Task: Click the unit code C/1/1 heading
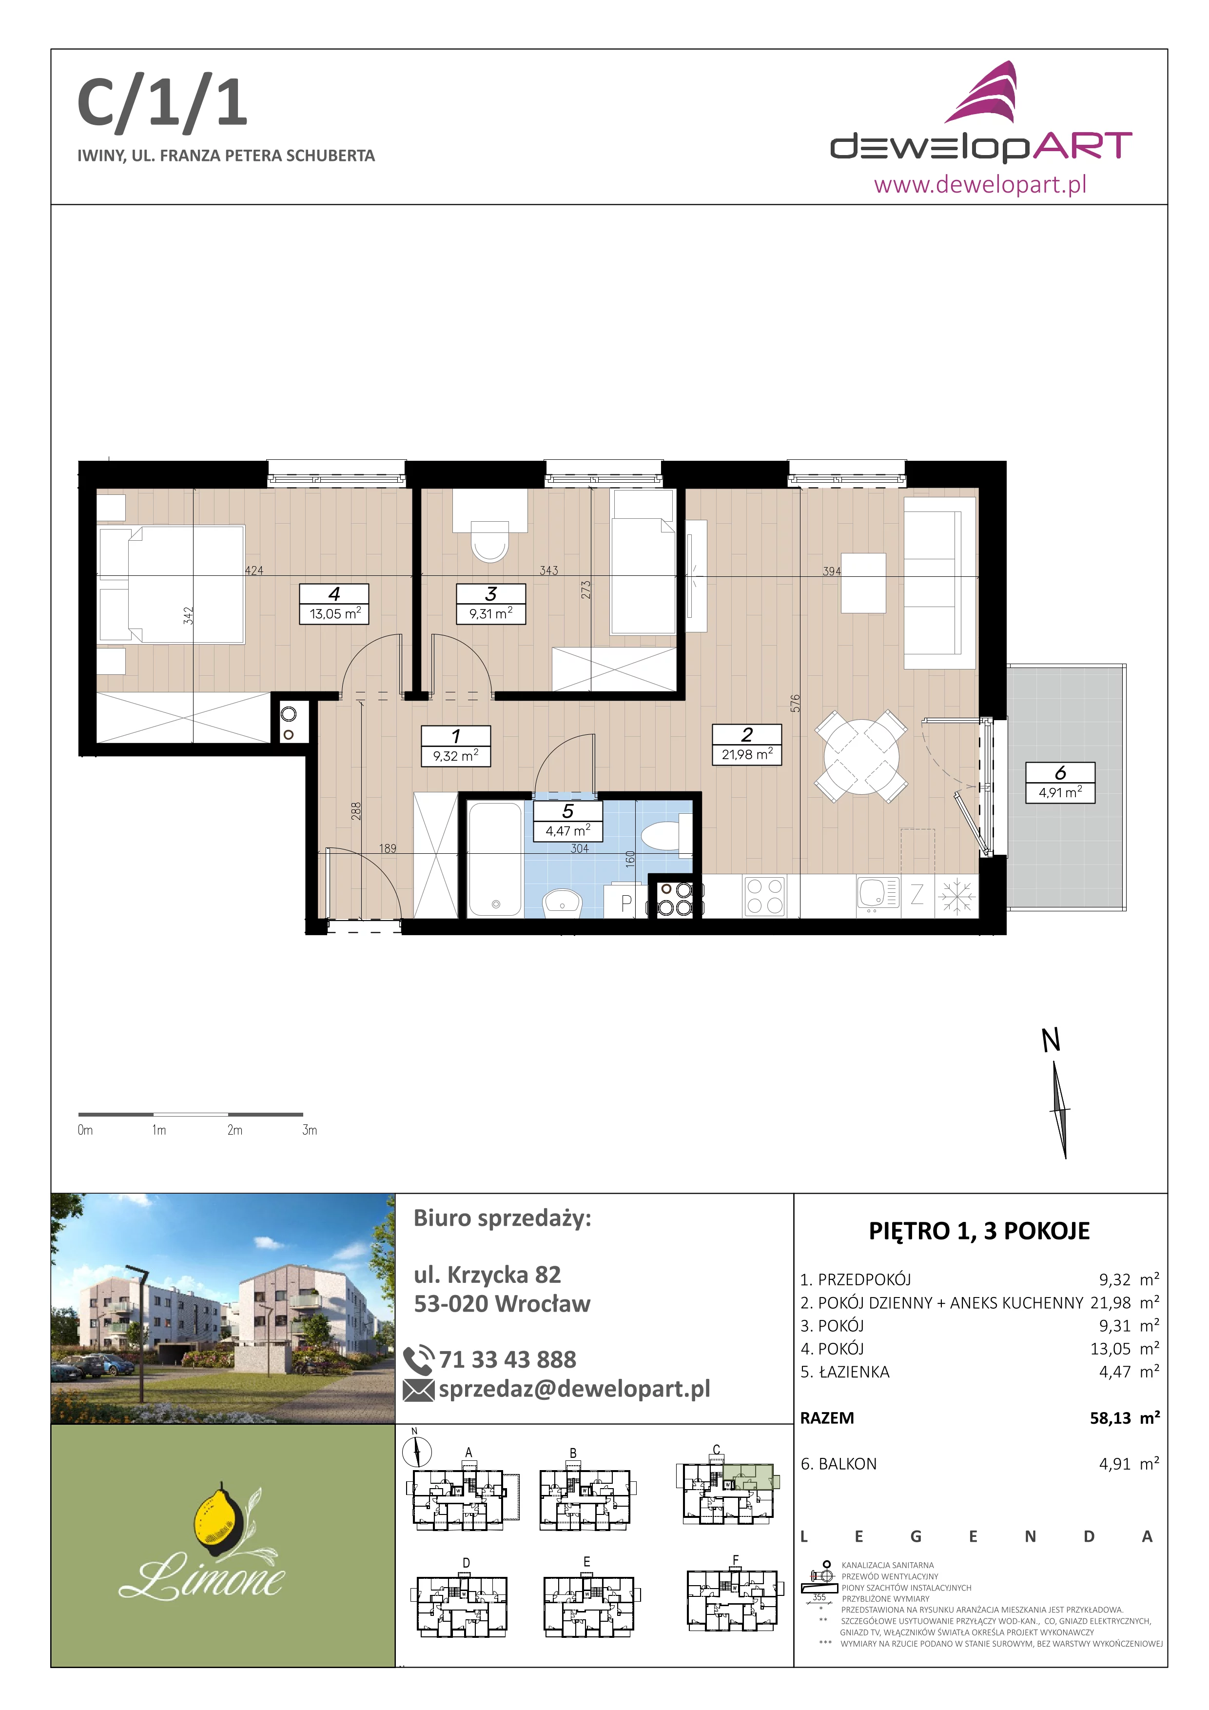(x=162, y=104)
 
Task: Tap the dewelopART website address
(x=980, y=183)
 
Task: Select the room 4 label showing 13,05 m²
(x=334, y=603)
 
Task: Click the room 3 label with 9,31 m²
(x=490, y=603)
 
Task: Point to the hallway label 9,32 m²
(x=456, y=746)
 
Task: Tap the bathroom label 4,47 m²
(x=568, y=820)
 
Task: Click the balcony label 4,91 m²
(x=1060, y=782)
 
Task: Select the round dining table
(x=861, y=757)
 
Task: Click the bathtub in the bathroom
(x=495, y=859)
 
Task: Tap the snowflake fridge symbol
(x=956, y=896)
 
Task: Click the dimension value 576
(x=795, y=703)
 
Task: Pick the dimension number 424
(x=254, y=570)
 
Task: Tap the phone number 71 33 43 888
(x=507, y=1359)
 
